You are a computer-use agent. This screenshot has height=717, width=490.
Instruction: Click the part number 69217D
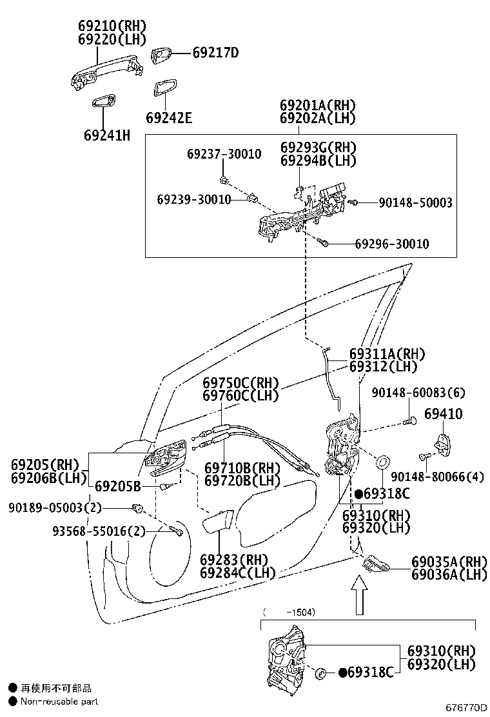point(215,53)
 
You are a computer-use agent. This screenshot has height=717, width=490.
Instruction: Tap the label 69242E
point(169,118)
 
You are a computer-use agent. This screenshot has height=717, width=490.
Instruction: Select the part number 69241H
point(107,135)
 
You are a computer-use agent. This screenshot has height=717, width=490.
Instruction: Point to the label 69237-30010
point(224,154)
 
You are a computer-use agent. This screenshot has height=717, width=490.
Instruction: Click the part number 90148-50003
point(415,202)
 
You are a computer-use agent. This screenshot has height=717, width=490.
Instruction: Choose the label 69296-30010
point(392,244)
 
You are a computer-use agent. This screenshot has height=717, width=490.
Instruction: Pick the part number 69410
point(444,414)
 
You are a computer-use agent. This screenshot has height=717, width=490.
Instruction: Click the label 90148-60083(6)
point(418,392)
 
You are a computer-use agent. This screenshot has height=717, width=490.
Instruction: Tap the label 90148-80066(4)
point(437,477)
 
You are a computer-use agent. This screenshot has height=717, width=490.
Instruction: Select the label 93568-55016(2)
point(99,531)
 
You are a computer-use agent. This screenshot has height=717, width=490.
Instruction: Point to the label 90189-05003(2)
point(55,507)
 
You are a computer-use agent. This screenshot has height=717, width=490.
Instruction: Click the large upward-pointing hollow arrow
point(360,594)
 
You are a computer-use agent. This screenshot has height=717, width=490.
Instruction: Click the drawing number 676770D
point(466,708)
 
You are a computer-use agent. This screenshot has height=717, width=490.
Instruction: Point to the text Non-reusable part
point(59,702)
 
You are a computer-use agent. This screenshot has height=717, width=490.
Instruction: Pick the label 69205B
point(118,486)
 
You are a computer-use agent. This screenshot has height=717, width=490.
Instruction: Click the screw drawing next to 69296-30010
point(324,243)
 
